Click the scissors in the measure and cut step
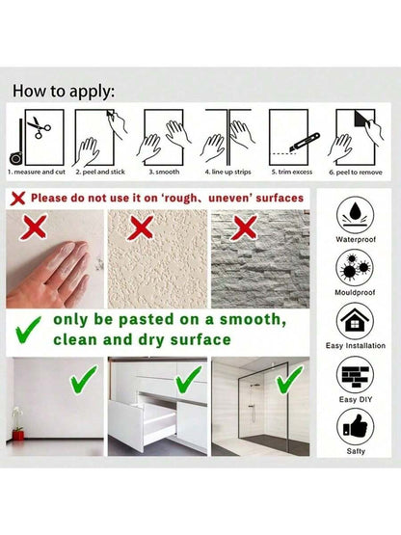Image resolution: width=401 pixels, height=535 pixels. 39,127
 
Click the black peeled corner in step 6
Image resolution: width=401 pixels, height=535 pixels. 361,119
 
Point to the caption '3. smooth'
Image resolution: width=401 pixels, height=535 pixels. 164,172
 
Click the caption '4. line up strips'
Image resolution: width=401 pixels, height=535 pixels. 228,172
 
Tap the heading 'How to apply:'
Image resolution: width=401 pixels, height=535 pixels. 64,92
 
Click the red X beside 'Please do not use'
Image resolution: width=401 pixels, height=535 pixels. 17,198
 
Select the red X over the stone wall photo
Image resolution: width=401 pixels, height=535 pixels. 244,227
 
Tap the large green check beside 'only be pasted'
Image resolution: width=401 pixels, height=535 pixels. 28,330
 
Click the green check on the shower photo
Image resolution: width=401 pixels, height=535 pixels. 289,380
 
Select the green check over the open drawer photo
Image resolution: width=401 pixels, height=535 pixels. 188,380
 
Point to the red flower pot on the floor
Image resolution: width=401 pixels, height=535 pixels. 18,435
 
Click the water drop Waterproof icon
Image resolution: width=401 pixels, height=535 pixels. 355,216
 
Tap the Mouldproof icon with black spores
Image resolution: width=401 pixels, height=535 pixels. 355,268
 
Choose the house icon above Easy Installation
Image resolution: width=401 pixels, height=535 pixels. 355,321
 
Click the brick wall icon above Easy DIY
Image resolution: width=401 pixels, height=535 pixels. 355,375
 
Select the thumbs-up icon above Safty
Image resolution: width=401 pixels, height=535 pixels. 355,427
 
